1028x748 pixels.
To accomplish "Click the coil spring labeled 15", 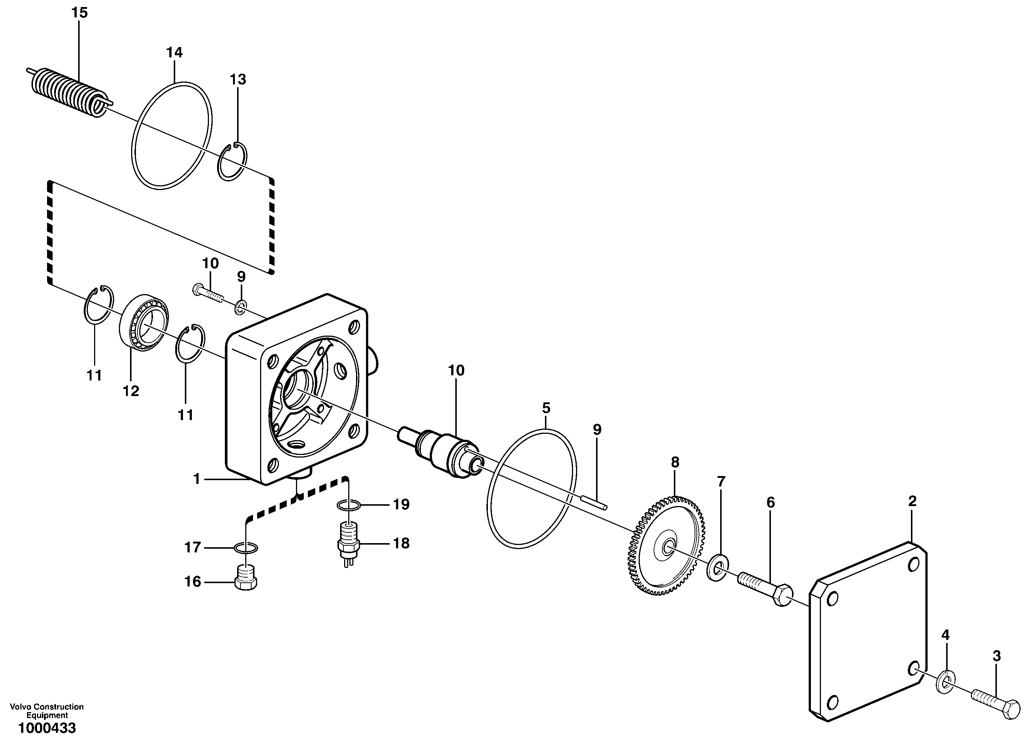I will [x=68, y=93].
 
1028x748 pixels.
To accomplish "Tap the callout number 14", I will [x=174, y=53].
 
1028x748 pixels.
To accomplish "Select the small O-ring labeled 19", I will [x=349, y=505].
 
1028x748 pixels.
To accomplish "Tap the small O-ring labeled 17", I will [x=246, y=549].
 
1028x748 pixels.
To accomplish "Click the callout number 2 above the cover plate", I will [x=912, y=501].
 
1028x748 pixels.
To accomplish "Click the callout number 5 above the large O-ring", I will [x=546, y=408].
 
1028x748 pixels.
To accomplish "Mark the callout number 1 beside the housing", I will [x=197, y=479].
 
